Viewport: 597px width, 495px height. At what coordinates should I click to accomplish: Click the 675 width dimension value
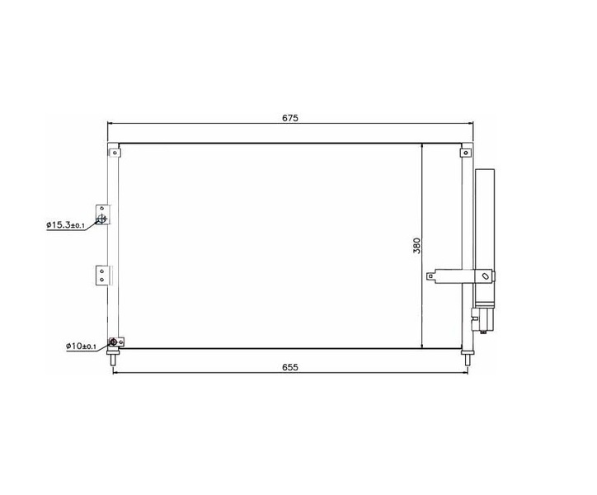(x=290, y=118)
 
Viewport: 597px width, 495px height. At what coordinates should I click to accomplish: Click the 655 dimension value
(x=290, y=367)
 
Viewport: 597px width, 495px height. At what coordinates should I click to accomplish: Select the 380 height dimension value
(x=417, y=245)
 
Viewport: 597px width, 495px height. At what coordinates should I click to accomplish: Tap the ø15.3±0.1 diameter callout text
(x=65, y=225)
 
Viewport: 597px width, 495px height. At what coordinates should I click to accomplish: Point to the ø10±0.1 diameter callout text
(x=81, y=346)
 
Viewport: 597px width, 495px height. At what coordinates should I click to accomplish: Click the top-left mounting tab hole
(x=115, y=153)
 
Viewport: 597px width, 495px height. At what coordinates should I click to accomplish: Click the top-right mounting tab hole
(x=466, y=153)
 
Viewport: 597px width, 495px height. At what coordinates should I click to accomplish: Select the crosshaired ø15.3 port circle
(x=101, y=219)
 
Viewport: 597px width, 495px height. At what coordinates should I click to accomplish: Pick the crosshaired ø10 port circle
(x=113, y=342)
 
